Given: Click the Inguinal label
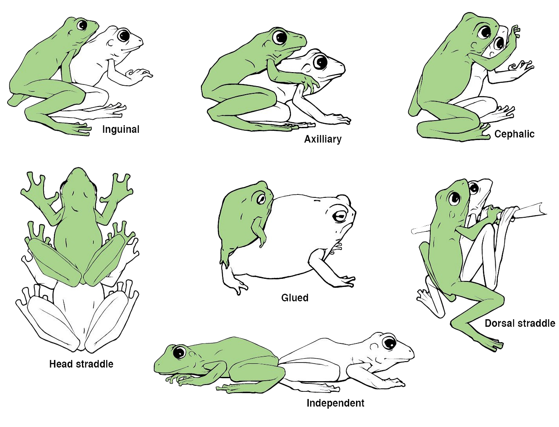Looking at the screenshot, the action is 121,129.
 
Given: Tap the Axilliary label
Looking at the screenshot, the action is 323,139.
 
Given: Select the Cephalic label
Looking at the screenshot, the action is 514,134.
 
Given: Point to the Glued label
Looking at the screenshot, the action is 295,298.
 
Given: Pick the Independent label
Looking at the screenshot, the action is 335,403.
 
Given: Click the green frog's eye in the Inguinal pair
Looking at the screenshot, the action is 82,25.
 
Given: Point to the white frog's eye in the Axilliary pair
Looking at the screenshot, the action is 320,62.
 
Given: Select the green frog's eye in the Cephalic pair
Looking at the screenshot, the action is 484,32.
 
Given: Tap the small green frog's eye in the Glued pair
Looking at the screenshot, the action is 261,199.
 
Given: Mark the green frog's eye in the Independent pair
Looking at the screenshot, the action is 180,352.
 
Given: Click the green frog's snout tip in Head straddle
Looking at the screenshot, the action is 77,169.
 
